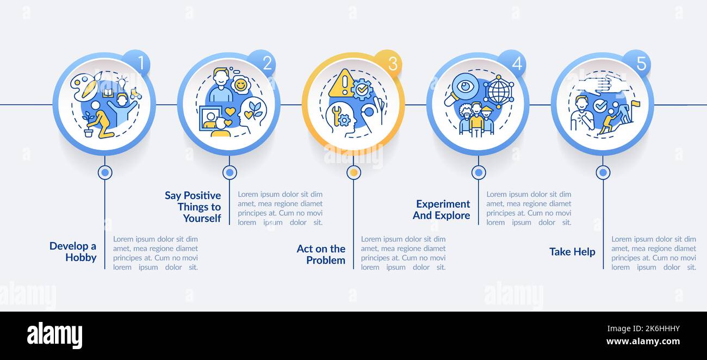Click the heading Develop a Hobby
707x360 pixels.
coord(73,252)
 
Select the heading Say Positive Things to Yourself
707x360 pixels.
coord(193,207)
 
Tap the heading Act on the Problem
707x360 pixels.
coord(321,255)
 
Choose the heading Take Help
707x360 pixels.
coord(572,252)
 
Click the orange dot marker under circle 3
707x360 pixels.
coord(353,172)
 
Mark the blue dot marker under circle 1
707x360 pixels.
coord(105,172)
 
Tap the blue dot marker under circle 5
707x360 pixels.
coord(603,172)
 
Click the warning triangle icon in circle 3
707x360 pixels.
coord(341,84)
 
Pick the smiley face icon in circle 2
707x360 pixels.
coord(240,85)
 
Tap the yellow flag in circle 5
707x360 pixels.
coord(635,103)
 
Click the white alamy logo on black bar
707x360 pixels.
coord(54,336)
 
